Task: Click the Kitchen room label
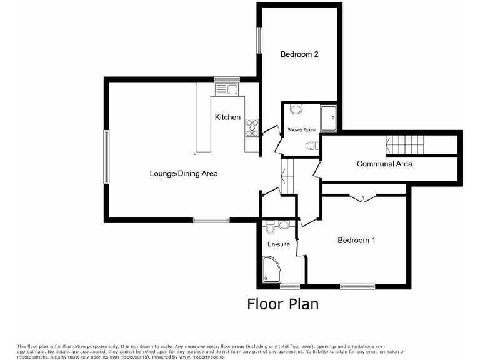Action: click(x=227, y=117)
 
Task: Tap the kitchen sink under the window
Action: click(x=228, y=89)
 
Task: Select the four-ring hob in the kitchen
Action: click(x=252, y=127)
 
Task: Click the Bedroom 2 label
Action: click(x=299, y=54)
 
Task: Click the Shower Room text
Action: click(x=301, y=130)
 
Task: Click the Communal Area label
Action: click(x=384, y=164)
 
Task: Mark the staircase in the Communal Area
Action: click(x=406, y=146)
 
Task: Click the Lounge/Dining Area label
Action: click(x=183, y=173)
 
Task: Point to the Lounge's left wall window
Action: click(x=106, y=156)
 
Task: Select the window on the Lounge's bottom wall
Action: click(x=211, y=219)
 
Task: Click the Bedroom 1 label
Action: click(x=356, y=240)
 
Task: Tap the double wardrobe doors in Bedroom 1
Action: click(x=362, y=199)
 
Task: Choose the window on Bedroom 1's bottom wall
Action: click(x=357, y=286)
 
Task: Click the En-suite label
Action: click(x=279, y=244)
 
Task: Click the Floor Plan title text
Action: click(x=282, y=304)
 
